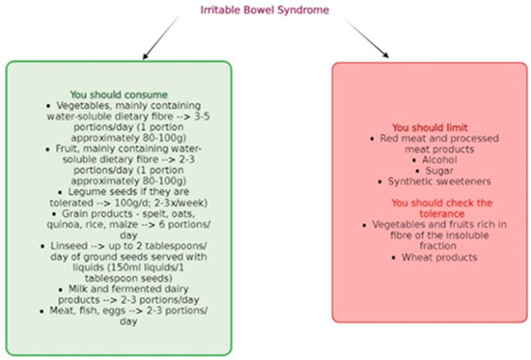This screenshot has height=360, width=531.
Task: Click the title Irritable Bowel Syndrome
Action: coord(265,11)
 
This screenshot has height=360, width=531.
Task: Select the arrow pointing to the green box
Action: coord(160,38)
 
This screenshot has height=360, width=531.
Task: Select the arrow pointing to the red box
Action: coord(367,39)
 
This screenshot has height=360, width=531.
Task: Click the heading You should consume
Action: coord(119,95)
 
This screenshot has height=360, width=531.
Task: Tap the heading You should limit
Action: coord(430,127)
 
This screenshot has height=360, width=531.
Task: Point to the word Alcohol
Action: coord(439,160)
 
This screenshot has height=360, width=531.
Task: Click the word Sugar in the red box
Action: coord(439,171)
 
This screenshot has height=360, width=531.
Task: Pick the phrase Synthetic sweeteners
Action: coord(439,181)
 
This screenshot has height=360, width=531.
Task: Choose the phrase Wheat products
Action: coord(439,258)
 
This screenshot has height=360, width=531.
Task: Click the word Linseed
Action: coord(70,246)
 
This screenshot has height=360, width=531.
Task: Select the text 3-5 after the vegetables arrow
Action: coord(202,117)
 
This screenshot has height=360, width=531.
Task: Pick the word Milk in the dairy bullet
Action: coord(78,290)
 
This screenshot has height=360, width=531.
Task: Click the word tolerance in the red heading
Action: coord(441,213)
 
